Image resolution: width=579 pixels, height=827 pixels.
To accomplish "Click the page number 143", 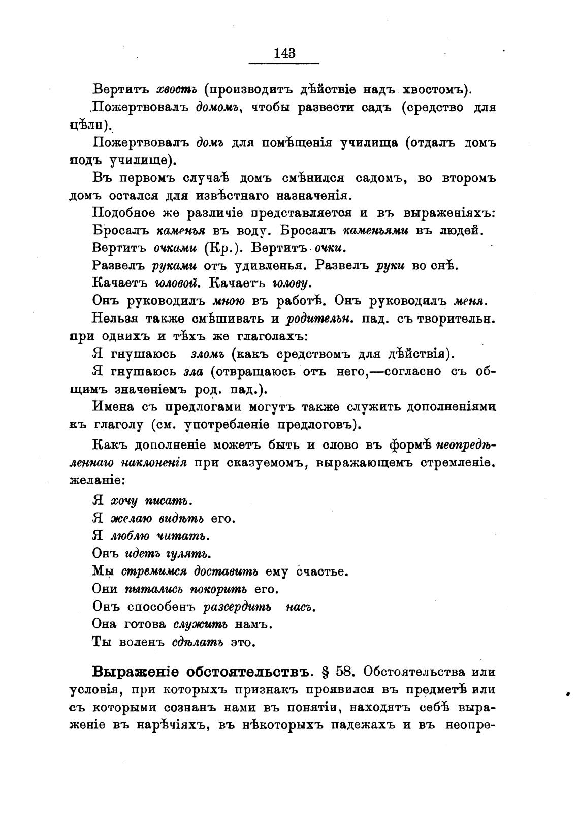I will tap(284, 53).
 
